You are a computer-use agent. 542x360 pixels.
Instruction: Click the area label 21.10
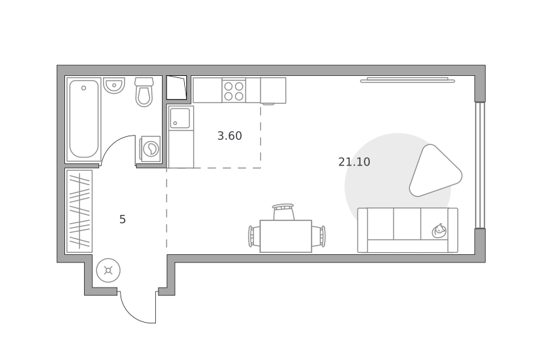pyautogui.click(x=354, y=162)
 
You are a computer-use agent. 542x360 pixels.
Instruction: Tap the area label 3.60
pyautogui.click(x=230, y=136)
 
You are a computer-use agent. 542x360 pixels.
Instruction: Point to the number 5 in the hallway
pyautogui.click(x=123, y=219)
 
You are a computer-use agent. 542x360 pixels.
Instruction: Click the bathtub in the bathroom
pyautogui.click(x=84, y=119)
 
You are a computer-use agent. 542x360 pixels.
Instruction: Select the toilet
pyautogui.click(x=144, y=92)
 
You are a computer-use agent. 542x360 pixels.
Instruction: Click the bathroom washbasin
pyautogui.click(x=114, y=85)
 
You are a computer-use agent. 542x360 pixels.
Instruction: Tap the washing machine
pyautogui.click(x=150, y=148)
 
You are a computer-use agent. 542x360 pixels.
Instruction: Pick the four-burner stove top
pyautogui.click(x=234, y=91)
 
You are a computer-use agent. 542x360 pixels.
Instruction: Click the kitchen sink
pyautogui.click(x=180, y=118)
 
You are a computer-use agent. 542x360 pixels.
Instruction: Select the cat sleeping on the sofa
pyautogui.click(x=439, y=231)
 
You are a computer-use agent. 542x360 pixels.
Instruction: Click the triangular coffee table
pyautogui.click(x=434, y=171)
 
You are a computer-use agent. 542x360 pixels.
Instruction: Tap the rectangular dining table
pyautogui.click(x=285, y=236)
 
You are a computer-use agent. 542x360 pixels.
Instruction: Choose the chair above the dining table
pyautogui.click(x=283, y=212)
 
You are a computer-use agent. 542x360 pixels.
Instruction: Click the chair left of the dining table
pyautogui.click(x=254, y=236)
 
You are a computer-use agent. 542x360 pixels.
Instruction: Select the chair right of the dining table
pyautogui.click(x=318, y=236)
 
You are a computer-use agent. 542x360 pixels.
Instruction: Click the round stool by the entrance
pyautogui.click(x=108, y=271)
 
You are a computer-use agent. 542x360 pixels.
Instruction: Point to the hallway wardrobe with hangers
pyautogui.click(x=79, y=212)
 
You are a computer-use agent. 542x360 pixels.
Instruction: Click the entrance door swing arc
pyautogui.click(x=133, y=314)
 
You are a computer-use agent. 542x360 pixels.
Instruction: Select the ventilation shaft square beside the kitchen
pyautogui.click(x=177, y=87)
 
